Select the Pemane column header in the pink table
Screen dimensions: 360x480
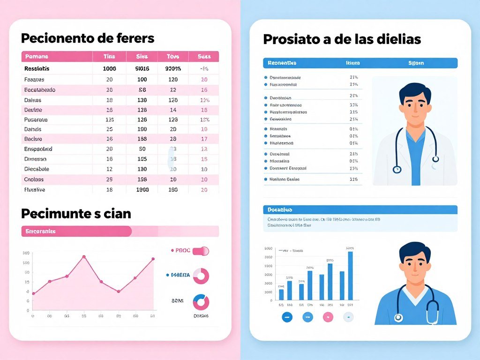(x=36, y=57)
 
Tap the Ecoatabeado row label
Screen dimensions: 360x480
(x=39, y=90)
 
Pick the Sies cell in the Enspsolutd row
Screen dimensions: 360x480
(x=142, y=149)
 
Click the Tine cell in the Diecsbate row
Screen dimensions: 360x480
(x=109, y=169)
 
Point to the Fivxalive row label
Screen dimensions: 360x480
(x=34, y=190)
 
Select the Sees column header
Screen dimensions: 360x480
(x=204, y=57)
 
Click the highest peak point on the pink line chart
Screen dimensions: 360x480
(x=84, y=257)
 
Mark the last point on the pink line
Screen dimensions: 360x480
(x=153, y=259)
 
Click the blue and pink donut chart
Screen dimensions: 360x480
(x=201, y=302)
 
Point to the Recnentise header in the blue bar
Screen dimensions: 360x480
(x=282, y=63)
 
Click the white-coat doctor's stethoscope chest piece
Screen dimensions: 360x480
(x=397, y=169)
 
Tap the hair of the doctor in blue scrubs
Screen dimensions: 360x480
(x=414, y=251)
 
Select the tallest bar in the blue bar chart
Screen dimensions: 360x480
(x=350, y=276)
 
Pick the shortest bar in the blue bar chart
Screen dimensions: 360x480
(x=281, y=294)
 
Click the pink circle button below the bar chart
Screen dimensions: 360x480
(x=328, y=317)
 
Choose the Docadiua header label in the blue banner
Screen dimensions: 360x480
(x=280, y=210)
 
